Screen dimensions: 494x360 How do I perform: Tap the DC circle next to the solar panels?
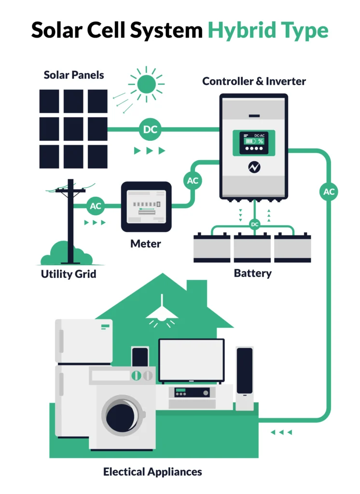[x=151, y=129]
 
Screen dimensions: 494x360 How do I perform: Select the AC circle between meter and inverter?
[x=193, y=181]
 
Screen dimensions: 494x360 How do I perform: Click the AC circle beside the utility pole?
[x=96, y=206]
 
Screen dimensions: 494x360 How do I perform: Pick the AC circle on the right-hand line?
[x=329, y=192]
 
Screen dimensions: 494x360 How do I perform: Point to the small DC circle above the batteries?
[x=254, y=224]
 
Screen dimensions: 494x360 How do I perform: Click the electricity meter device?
[x=146, y=206]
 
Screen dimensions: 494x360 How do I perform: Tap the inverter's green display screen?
[x=254, y=142]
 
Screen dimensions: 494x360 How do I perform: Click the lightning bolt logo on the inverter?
[x=254, y=167]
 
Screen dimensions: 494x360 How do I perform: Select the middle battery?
[x=252, y=248]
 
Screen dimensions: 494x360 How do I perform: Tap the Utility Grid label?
[x=69, y=274]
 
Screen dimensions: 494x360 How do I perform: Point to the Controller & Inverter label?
[x=254, y=81]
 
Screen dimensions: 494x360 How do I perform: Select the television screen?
[x=192, y=360]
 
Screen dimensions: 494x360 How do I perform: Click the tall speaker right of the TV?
[x=245, y=378]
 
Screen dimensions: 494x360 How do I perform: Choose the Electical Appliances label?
[x=152, y=471]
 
